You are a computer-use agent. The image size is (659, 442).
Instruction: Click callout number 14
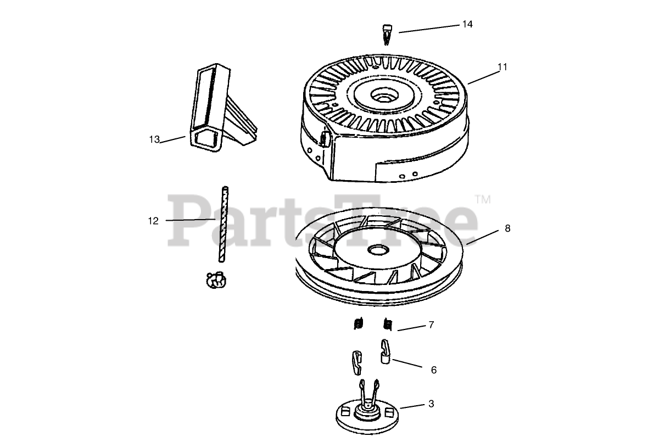pos(467,24)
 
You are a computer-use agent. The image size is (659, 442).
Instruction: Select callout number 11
pos(502,67)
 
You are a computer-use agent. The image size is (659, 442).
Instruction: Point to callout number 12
pos(153,221)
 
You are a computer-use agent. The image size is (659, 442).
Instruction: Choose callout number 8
pos(507,228)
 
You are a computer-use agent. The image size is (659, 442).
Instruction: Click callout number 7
pos(431,325)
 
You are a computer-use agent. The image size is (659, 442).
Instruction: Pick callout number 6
pos(433,370)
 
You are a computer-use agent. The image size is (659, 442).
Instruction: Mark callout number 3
pos(431,404)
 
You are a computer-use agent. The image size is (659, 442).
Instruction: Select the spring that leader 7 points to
pos(388,325)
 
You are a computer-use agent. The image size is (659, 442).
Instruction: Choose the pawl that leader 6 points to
pos(386,351)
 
